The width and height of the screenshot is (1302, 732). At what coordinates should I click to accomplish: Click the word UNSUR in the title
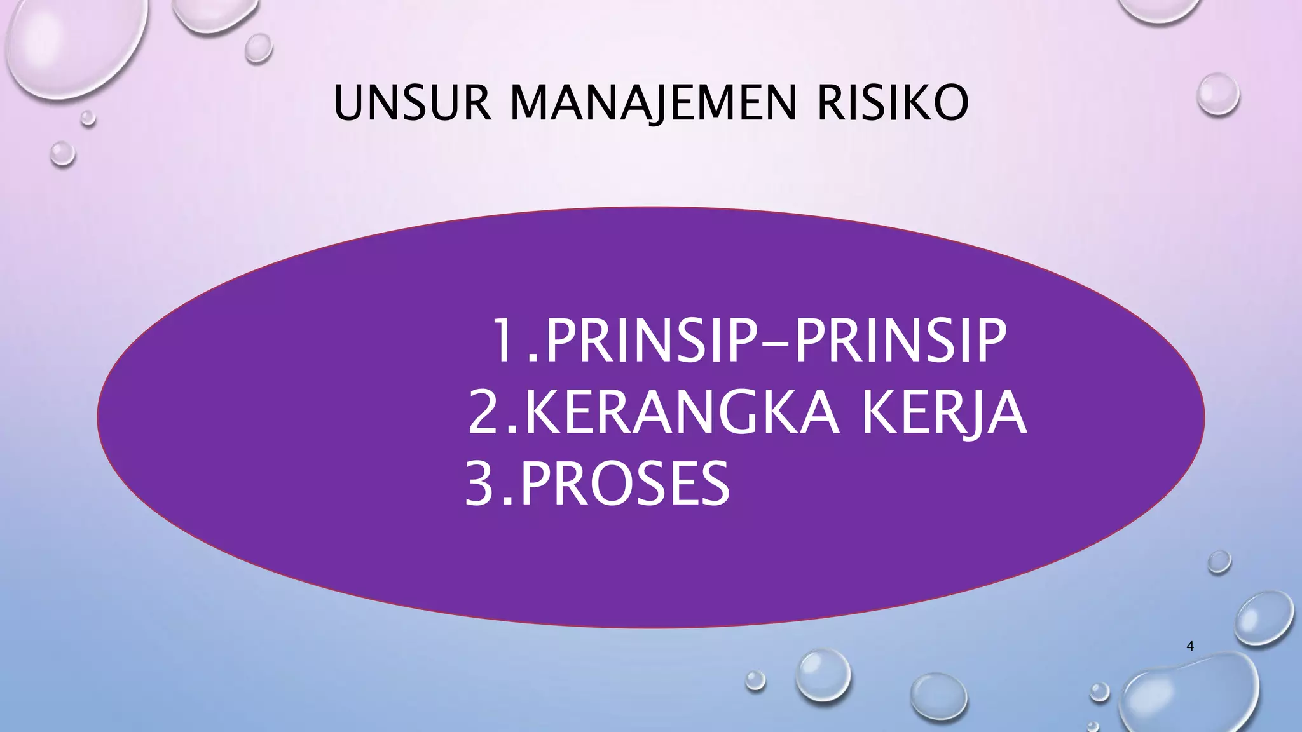coord(412,103)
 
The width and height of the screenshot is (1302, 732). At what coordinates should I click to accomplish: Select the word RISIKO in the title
coord(893,103)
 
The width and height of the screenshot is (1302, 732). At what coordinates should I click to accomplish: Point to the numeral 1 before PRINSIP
coord(507,341)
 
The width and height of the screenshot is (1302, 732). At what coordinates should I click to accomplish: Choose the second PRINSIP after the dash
coord(901,341)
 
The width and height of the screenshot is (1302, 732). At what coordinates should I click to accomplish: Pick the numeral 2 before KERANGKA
coord(484,414)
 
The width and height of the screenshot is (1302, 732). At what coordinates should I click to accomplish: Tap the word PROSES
coord(626,484)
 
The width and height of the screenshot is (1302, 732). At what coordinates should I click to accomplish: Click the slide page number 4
coord(1190,646)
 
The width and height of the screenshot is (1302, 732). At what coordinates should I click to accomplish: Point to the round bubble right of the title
coord(1217,94)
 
